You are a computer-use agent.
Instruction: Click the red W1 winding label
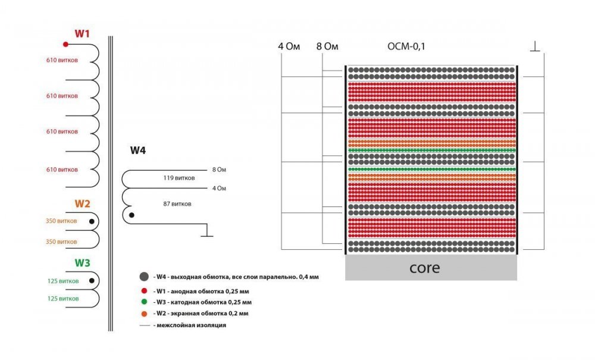click(x=82, y=33)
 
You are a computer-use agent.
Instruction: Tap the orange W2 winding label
click(x=82, y=204)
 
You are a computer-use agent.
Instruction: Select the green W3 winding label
click(x=82, y=262)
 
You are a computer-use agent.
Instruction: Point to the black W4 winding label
click(x=138, y=150)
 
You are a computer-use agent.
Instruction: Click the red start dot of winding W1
click(x=65, y=44)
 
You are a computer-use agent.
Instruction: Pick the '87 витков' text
click(x=177, y=204)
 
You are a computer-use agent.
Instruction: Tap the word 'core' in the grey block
click(x=425, y=268)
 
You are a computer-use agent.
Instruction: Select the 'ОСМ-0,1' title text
click(x=406, y=46)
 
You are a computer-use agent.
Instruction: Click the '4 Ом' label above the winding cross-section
click(x=289, y=46)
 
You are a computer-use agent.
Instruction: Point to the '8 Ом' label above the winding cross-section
click(x=327, y=46)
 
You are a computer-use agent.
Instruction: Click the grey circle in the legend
click(x=143, y=277)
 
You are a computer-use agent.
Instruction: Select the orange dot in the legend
click(x=143, y=313)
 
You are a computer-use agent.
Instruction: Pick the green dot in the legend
click(x=143, y=302)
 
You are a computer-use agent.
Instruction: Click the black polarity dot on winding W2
click(x=92, y=221)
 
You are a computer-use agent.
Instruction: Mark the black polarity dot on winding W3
click(x=92, y=280)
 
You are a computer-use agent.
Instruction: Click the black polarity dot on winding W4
click(x=131, y=215)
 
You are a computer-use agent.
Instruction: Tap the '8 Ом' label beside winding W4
click(x=219, y=170)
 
